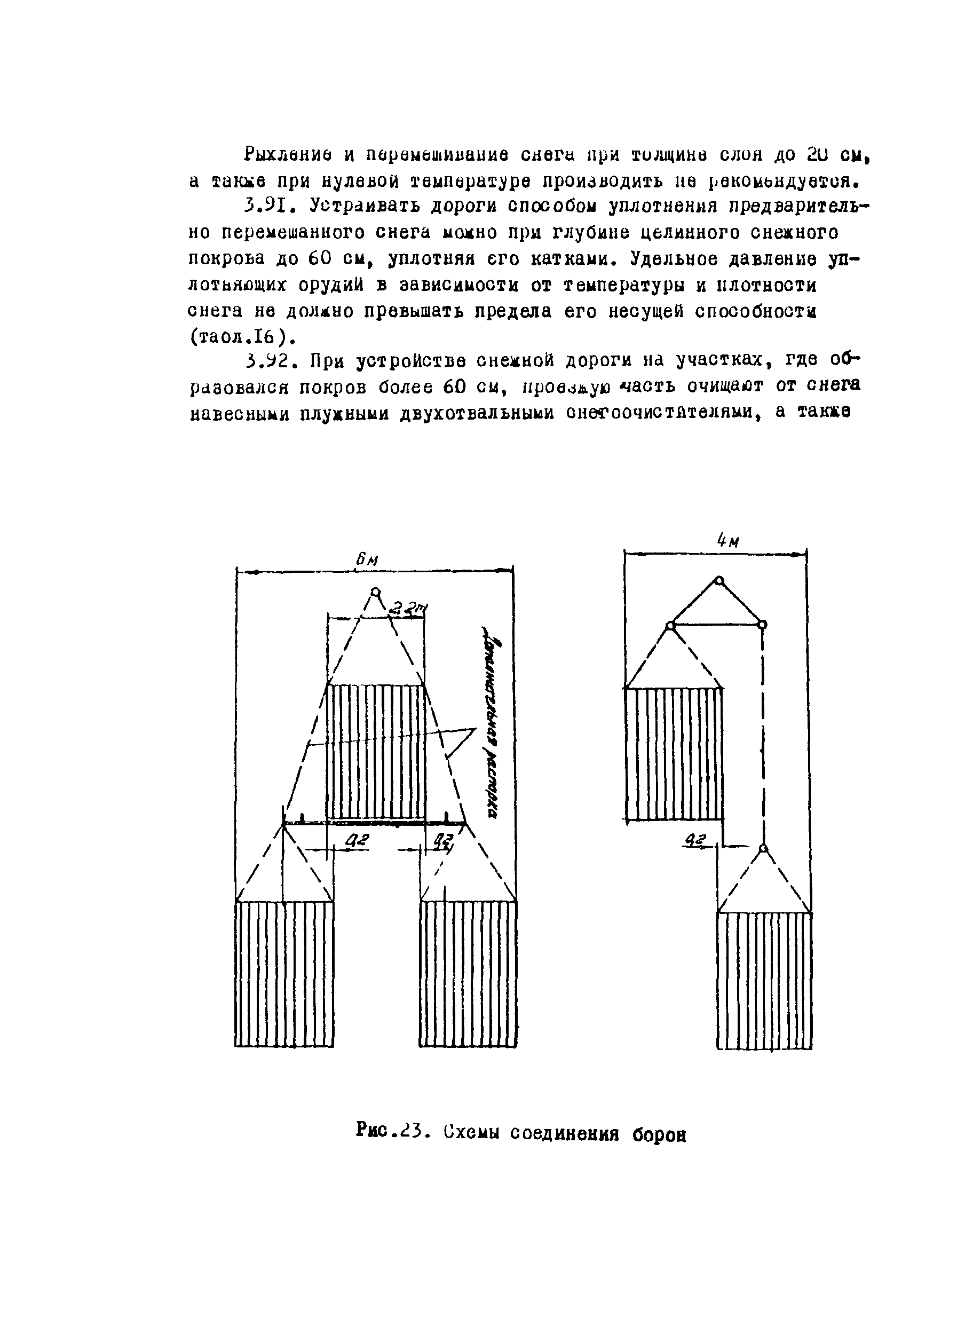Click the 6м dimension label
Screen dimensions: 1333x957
[367, 560]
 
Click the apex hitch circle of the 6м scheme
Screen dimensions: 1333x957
[375, 591]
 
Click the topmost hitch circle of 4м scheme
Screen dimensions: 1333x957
[718, 581]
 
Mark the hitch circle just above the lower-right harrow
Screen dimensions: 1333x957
[763, 848]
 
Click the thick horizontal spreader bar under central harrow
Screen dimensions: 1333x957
[376, 822]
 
